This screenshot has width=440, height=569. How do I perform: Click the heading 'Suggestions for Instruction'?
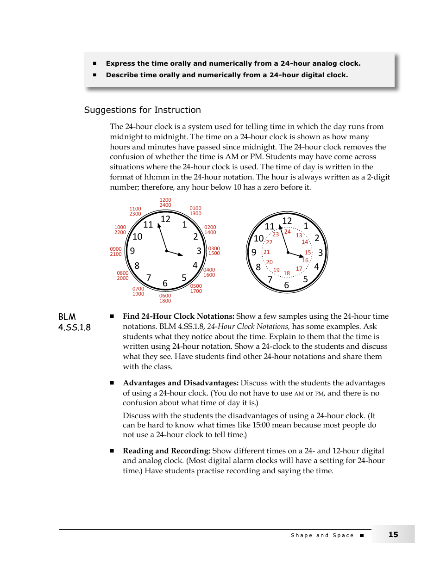[142, 110]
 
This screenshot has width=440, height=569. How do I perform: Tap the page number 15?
[393, 534]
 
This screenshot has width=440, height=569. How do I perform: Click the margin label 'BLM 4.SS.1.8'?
[74, 322]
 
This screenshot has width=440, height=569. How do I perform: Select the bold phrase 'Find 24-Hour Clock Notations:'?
[178, 316]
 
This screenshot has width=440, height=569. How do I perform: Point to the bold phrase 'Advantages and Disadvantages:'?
[181, 383]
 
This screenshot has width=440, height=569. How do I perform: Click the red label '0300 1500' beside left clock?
[214, 251]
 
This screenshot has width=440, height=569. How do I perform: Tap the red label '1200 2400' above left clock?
[165, 203]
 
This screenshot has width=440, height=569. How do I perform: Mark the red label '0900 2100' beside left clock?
[116, 252]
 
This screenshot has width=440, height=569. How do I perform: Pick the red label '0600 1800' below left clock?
[165, 298]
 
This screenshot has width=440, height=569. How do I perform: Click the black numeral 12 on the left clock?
[165, 219]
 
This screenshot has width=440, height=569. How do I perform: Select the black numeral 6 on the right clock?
[287, 285]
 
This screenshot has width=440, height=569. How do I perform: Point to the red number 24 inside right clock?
[287, 232]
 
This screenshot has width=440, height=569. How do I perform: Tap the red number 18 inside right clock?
[287, 273]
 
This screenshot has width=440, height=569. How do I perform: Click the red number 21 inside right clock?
[266, 252]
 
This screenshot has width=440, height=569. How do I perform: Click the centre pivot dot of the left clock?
[166, 251]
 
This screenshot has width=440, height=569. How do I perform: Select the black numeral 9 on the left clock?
[132, 251]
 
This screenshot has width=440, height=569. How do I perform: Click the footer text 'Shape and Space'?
[322, 535]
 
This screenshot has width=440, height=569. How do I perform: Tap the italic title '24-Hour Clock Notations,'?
[248, 327]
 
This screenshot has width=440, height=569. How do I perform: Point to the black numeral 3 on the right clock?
[320, 253]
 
